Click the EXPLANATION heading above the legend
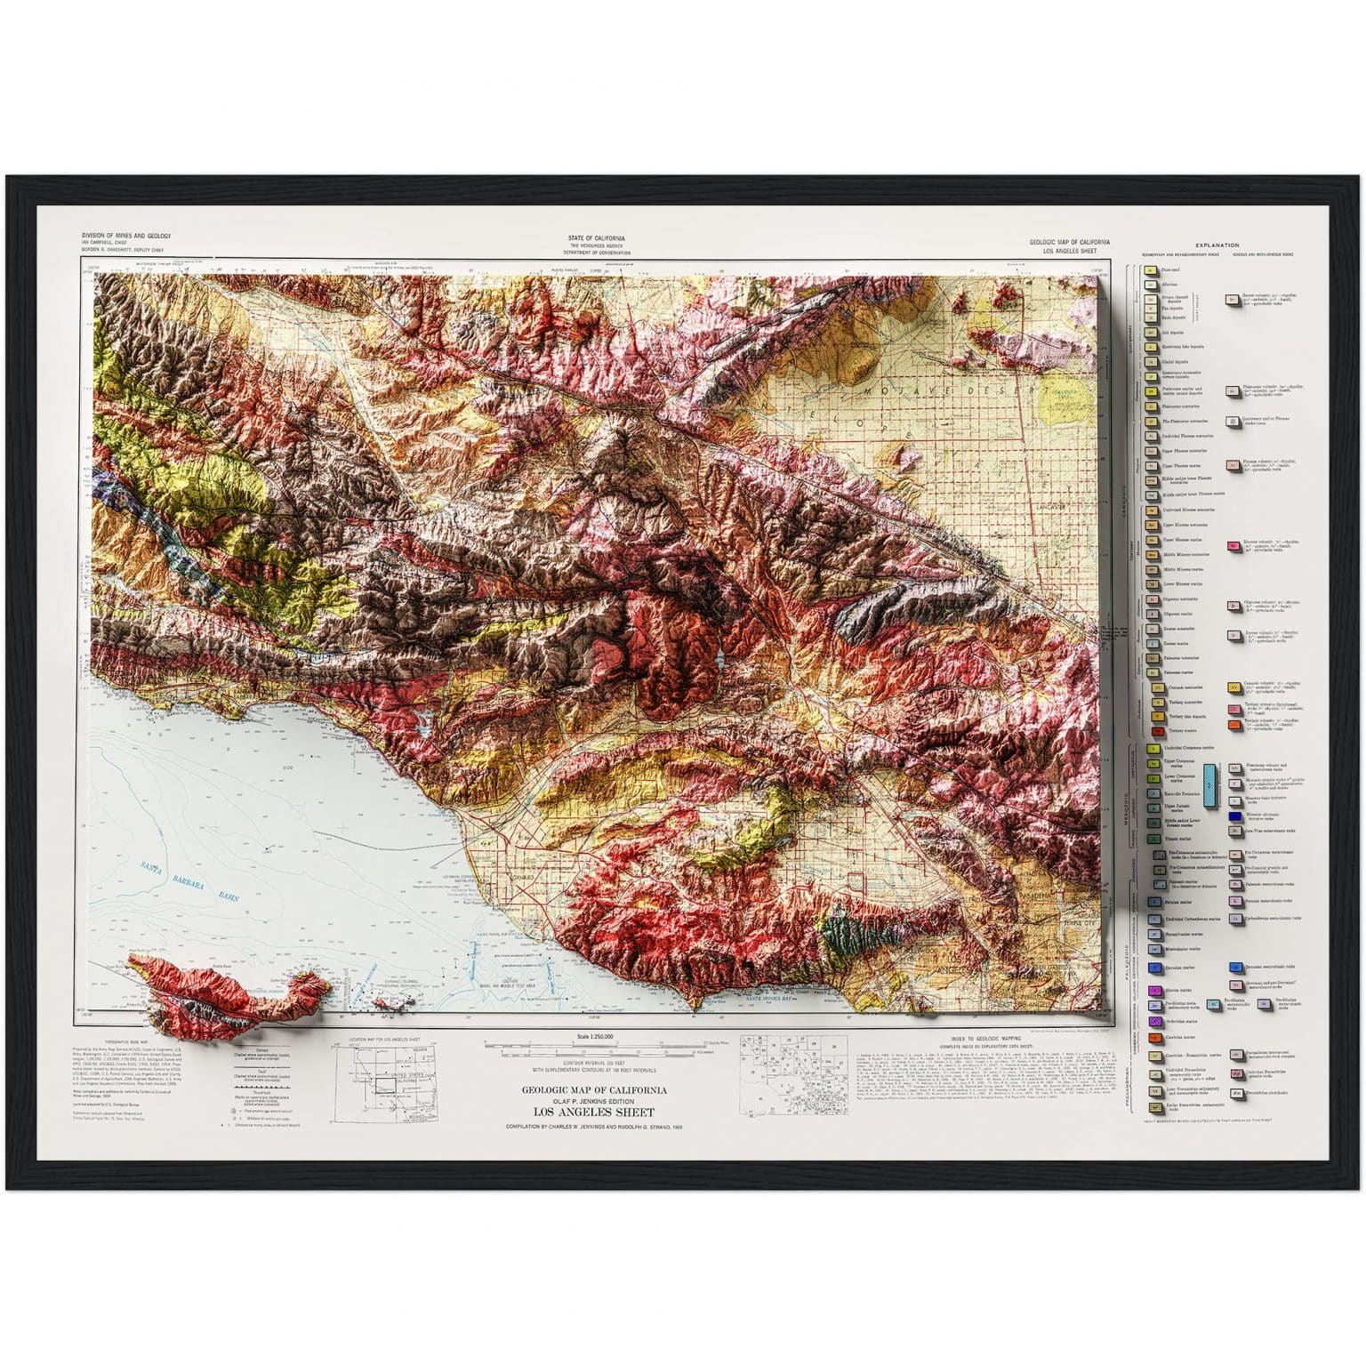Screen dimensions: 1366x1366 [1217, 245]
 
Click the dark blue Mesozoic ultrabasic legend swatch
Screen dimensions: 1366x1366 [1234, 816]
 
